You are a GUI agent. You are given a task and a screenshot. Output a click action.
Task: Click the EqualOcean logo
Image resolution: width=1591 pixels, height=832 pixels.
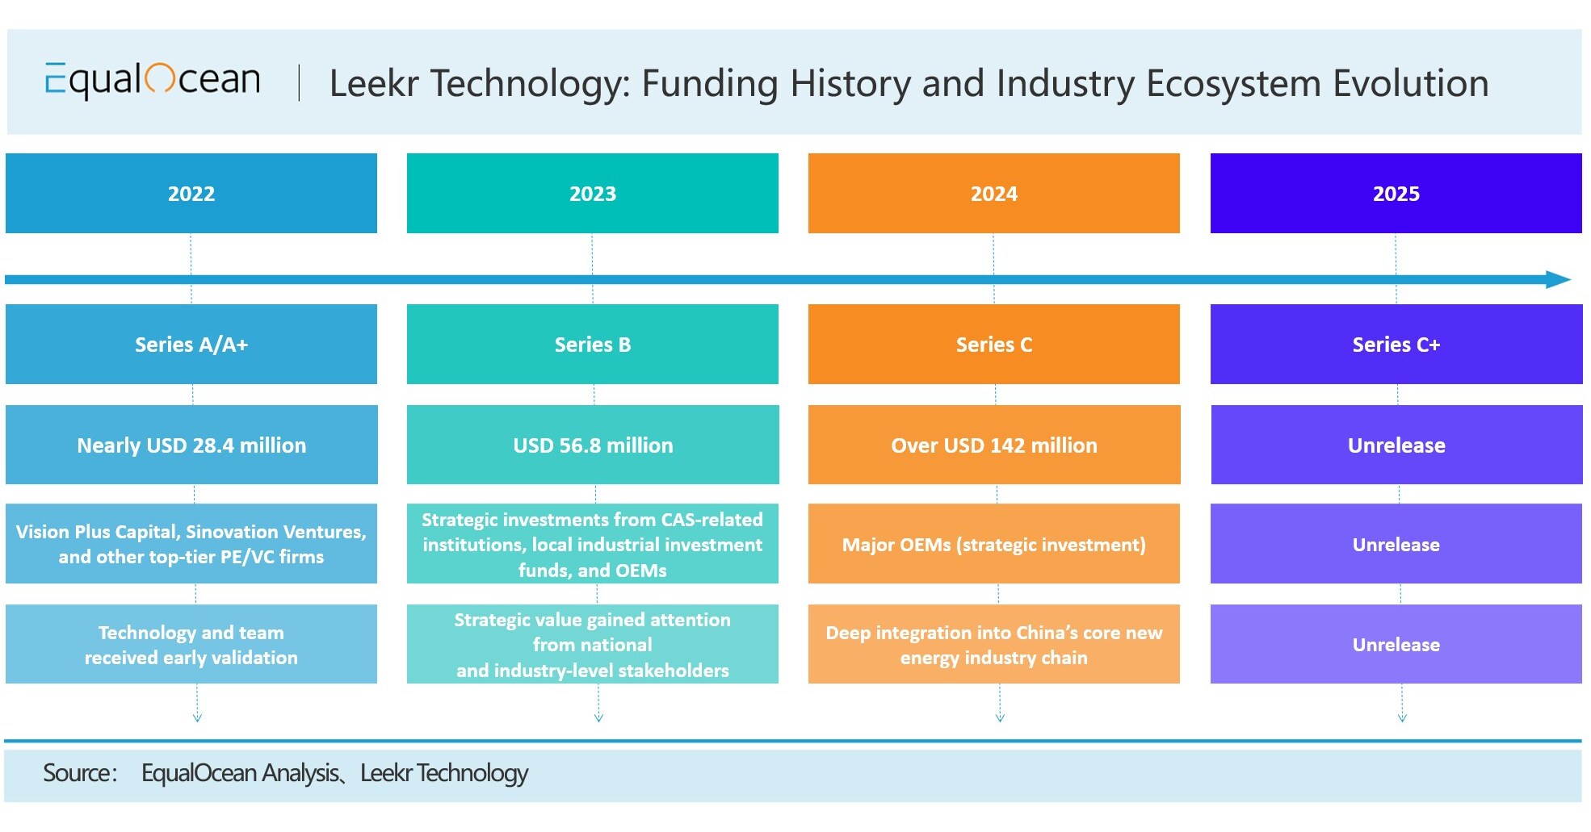click(x=153, y=80)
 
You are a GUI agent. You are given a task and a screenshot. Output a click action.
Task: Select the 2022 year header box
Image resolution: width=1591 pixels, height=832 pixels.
click(x=191, y=194)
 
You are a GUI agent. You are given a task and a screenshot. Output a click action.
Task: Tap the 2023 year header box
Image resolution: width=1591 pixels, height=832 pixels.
click(x=592, y=194)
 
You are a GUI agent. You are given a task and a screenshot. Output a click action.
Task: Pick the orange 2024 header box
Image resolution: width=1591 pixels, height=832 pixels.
click(x=993, y=194)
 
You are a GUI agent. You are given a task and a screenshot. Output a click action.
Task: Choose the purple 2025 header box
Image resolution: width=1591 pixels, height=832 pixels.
click(x=1396, y=194)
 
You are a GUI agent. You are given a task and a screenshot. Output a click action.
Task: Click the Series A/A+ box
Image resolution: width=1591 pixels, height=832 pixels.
click(x=191, y=345)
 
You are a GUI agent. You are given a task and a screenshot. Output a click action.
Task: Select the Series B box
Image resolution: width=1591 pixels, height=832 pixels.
click(x=592, y=345)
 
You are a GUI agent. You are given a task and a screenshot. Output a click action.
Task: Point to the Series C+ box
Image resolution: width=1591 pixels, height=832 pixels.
click(x=1396, y=345)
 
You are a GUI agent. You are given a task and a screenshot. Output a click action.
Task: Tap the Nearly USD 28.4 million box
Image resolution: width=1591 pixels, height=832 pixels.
click(x=191, y=445)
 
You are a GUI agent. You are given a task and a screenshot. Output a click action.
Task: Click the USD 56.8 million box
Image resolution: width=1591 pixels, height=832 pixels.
click(x=592, y=445)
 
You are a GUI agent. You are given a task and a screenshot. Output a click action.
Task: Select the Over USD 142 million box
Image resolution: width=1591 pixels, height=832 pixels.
click(x=993, y=445)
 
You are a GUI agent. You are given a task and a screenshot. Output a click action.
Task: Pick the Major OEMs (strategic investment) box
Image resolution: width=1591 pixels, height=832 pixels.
click(x=993, y=544)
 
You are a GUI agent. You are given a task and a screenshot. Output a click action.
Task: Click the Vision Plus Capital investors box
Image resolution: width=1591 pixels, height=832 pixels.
click(x=191, y=544)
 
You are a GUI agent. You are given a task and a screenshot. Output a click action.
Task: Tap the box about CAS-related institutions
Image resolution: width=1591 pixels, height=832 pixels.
click(x=592, y=544)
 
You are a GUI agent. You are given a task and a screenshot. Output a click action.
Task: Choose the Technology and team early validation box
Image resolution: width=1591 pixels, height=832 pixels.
click(x=191, y=644)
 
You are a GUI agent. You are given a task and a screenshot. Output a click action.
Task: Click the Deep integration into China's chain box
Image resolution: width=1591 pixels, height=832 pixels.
click(x=993, y=644)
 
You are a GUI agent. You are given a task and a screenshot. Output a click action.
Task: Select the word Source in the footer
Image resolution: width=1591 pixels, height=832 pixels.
click(x=78, y=773)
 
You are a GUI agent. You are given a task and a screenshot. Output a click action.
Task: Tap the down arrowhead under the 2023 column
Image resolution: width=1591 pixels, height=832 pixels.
click(x=598, y=717)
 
